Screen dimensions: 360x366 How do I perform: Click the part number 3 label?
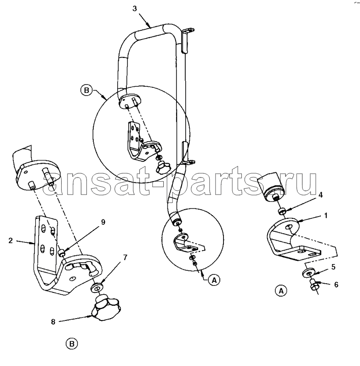tap(135, 9)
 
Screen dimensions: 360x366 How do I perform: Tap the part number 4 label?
tap(320, 195)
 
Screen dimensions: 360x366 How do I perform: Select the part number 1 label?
tap(326, 216)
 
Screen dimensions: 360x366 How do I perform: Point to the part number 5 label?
tap(333, 267)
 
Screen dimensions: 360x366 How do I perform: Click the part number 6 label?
tap(336, 285)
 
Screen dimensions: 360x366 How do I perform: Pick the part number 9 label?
tap(103, 222)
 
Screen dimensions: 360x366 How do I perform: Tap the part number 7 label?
tap(125, 257)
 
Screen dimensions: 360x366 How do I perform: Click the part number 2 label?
tap(11, 240)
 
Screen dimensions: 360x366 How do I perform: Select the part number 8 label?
tap(53, 322)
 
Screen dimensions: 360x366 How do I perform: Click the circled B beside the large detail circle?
tap(86, 90)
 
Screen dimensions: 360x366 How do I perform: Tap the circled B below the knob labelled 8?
tap(72, 344)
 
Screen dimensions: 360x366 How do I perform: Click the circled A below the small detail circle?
tap(214, 280)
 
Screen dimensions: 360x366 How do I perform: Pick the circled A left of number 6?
tap(281, 291)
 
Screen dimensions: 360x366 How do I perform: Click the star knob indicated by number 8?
tap(106, 308)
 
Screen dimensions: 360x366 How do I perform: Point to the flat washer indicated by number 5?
tap(309, 273)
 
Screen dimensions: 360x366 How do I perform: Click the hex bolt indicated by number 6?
tap(314, 285)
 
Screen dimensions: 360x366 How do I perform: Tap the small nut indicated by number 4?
tap(282, 212)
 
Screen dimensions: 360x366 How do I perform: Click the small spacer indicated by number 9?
tap(61, 252)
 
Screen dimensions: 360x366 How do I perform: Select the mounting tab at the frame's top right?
tap(187, 40)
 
